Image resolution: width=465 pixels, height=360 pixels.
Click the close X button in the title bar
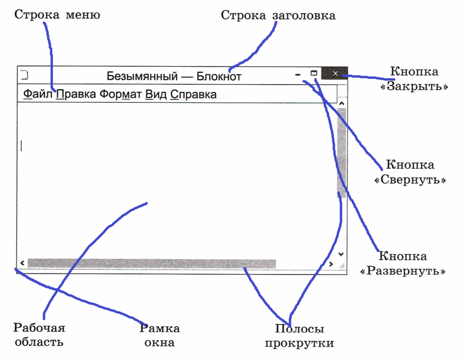pyautogui.click(x=335, y=74)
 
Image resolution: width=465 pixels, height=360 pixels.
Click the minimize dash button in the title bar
pyautogui.click(x=298, y=75)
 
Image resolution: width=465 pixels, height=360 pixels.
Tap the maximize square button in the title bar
pyautogui.click(x=314, y=73)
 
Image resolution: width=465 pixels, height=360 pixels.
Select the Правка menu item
pyautogui.click(x=76, y=94)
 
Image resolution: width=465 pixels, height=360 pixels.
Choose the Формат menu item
pyautogui.click(x=120, y=94)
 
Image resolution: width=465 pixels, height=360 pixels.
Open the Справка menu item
pyautogui.click(x=193, y=94)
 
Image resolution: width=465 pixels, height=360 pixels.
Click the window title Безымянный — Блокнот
pyautogui.click(x=174, y=76)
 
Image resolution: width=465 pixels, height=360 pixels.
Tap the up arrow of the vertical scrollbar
pyautogui.click(x=341, y=104)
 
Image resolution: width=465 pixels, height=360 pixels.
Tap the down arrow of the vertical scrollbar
pyautogui.click(x=341, y=254)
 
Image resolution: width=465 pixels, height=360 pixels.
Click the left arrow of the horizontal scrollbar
pyautogui.click(x=22, y=263)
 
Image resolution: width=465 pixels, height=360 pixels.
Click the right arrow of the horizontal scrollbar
pyautogui.click(x=331, y=264)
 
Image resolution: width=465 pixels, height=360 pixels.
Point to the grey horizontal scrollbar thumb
pyautogui.click(x=152, y=263)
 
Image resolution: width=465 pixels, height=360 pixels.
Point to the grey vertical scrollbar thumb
pyautogui.click(x=341, y=153)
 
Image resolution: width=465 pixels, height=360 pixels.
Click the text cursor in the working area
pyautogui.click(x=21, y=146)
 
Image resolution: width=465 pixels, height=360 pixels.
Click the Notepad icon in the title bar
pyautogui.click(x=24, y=75)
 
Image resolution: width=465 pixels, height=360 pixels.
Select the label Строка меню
pyautogui.click(x=57, y=14)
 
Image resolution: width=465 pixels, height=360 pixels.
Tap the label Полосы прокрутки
pyautogui.click(x=300, y=335)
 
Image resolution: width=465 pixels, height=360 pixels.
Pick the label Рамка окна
pyautogui.click(x=160, y=335)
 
